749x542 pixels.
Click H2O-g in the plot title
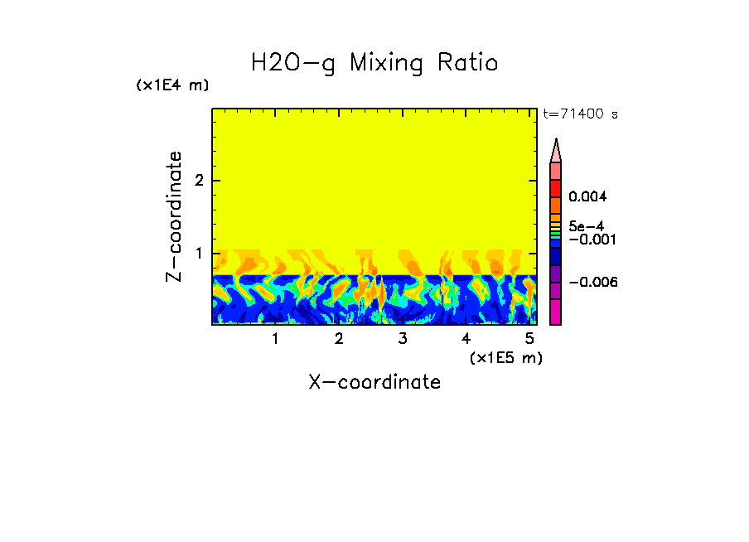pos(293,63)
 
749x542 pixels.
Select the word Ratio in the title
pos(469,63)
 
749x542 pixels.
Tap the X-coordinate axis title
pos(374,382)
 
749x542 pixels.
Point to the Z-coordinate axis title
pos(174,216)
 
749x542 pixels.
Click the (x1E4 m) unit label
pos(172,85)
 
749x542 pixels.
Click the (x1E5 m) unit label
pos(505,357)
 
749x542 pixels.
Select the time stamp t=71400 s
pos(580,114)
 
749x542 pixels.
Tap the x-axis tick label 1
pos(275,339)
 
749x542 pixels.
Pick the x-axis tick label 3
pos(403,339)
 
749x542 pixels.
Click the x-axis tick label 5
pos(529,339)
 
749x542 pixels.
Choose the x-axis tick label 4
pos(466,339)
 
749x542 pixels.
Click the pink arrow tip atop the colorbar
pos(556,150)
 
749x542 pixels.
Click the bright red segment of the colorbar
pos(556,187)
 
